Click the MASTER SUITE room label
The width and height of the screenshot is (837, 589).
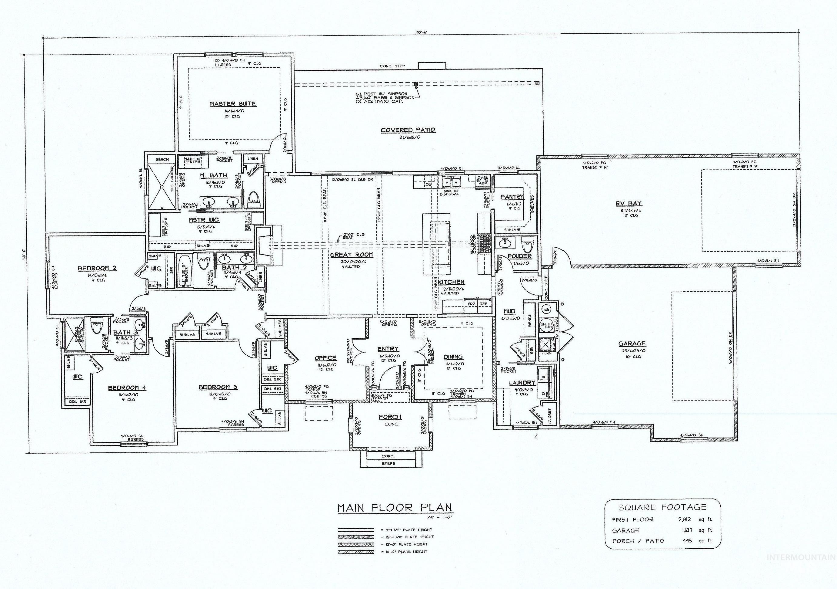coord(232,104)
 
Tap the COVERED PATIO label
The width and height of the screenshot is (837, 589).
coord(408,130)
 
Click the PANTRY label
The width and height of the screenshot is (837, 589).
coord(512,197)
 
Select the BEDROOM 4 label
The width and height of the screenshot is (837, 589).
coord(127,388)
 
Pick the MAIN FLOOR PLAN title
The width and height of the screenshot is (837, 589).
coord(395,507)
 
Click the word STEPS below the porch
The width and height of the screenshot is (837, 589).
coord(388,463)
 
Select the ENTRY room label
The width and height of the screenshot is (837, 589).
coord(388,349)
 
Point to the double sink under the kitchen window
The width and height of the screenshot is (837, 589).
coord(451,181)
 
